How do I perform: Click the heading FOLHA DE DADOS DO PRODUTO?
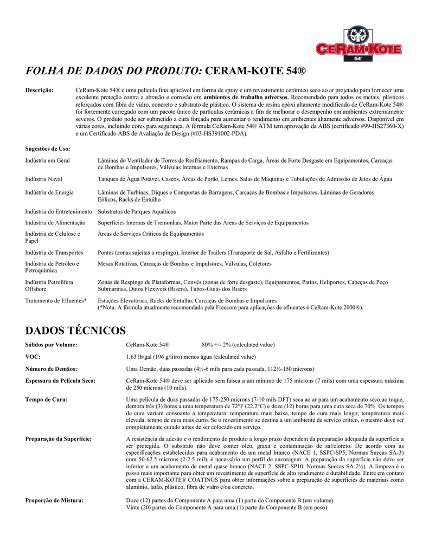[114, 70]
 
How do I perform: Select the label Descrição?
[40, 90]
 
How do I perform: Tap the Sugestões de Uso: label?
[48, 148]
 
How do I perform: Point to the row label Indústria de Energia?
[50, 192]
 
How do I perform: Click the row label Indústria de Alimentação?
[55, 223]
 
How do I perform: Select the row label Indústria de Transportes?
[54, 253]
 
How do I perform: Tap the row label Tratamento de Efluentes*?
[56, 300]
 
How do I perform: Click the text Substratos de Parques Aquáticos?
[137, 211]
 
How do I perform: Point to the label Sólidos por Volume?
[51, 345]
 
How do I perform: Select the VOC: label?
[33, 357]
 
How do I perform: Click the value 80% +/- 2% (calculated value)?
[238, 345]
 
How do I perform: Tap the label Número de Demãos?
[51, 369]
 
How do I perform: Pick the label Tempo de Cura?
[47, 399]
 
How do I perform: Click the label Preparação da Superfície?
[59, 438]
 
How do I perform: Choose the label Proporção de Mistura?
[54, 500]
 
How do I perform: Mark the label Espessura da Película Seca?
[61, 380]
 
